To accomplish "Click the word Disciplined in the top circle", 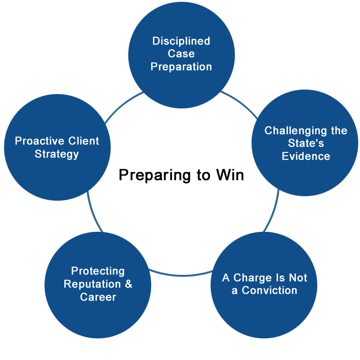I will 181,41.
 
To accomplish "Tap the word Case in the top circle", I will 181,54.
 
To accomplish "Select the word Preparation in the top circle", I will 181,67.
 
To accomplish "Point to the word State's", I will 306,144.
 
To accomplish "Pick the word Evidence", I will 306,157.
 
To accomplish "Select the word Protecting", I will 98,271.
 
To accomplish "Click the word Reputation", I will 92,284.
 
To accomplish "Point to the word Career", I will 98,297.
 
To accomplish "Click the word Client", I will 84,141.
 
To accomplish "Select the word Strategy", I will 57,154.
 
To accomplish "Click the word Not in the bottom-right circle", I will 298,278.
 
